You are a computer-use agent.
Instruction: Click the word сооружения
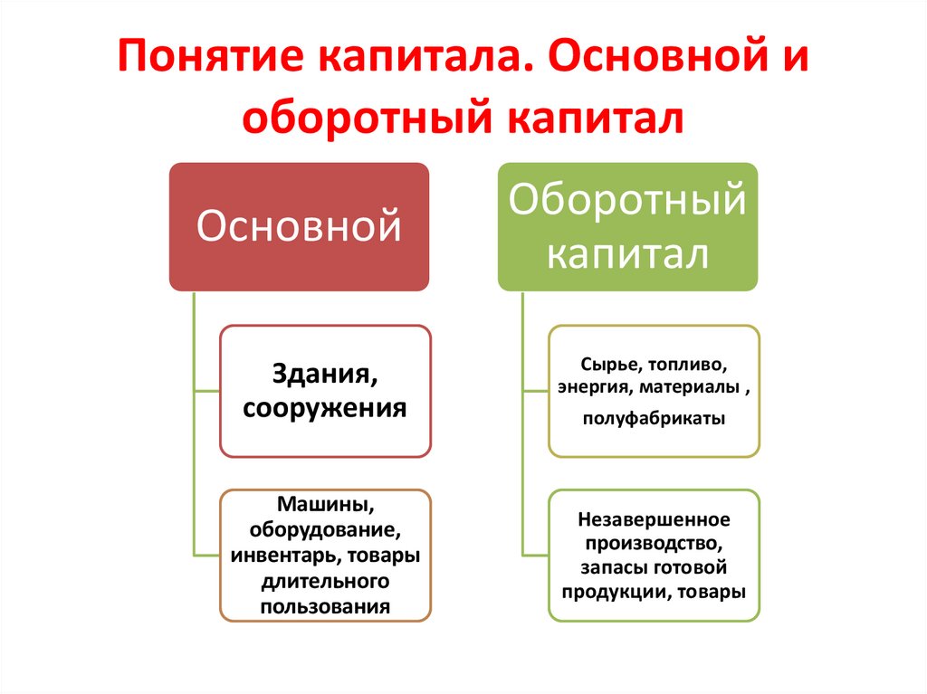tap(325, 407)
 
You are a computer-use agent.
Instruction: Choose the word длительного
tap(325, 580)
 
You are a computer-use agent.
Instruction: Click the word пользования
tap(325, 605)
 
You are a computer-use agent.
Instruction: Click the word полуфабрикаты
tap(654, 420)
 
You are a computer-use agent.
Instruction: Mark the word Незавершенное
tap(654, 520)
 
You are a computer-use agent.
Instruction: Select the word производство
tap(654, 545)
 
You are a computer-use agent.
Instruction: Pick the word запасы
tap(612, 568)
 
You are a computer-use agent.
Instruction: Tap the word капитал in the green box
tap(627, 253)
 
